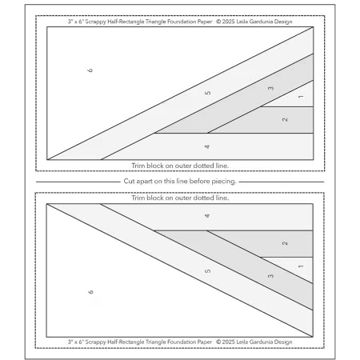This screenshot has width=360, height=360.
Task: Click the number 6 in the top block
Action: tap(90, 70)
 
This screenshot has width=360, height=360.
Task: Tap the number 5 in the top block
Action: tap(208, 94)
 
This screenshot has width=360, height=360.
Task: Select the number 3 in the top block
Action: tap(270, 88)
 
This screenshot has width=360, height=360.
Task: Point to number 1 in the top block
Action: tap(300, 98)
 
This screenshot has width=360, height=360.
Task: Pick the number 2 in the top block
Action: tap(285, 119)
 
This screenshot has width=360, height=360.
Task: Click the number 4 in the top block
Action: tap(207, 146)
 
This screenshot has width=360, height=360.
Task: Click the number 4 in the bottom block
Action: tap(207, 216)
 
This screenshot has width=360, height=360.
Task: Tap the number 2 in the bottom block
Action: tap(285, 243)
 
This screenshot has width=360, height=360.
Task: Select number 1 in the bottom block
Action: tap(300, 265)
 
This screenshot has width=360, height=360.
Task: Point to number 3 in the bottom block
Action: tap(270, 275)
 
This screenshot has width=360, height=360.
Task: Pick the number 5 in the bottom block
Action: tap(208, 270)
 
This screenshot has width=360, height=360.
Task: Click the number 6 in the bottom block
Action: tap(90, 293)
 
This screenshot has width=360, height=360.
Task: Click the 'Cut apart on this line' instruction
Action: tap(180, 181)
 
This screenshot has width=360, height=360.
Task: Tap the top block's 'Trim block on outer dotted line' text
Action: tap(180, 164)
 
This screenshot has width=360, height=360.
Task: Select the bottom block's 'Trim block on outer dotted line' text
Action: tap(180, 198)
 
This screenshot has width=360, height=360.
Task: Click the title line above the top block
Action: tap(180, 22)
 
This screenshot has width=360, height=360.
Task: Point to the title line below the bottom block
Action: tap(180, 341)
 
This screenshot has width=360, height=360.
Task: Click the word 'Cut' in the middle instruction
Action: tap(129, 181)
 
